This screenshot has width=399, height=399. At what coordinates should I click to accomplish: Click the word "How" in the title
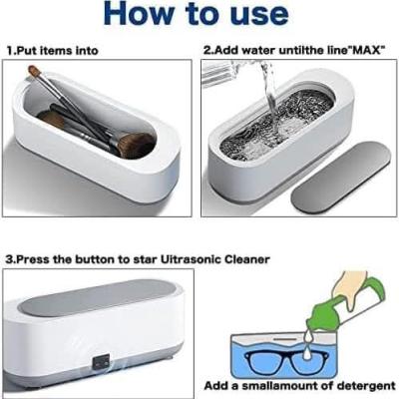tap(139, 13)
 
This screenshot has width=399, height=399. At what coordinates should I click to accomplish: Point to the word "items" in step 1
tap(53, 51)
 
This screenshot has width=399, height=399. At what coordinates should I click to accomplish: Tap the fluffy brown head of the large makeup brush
tap(137, 146)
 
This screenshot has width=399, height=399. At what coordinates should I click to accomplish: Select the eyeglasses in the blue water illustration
tap(286, 361)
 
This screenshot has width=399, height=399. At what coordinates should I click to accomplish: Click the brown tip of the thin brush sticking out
tap(33, 70)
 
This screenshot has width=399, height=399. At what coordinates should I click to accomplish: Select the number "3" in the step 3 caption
tap(9, 259)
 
